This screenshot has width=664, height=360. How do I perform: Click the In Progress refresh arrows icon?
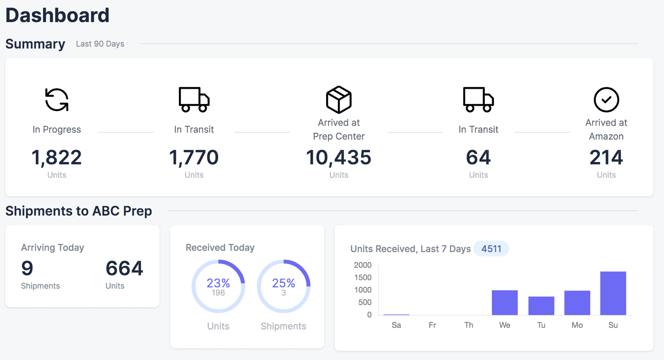click(57, 100)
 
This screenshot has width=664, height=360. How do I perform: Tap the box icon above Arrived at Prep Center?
click(339, 100)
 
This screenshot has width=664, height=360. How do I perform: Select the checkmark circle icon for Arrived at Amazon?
click(606, 100)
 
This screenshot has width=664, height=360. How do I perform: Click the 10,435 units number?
click(339, 158)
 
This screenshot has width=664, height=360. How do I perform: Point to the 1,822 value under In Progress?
click(57, 158)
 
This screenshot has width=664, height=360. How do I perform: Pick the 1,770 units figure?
click(194, 158)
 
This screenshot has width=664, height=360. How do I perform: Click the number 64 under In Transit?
click(478, 158)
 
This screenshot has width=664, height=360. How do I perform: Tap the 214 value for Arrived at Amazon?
click(606, 158)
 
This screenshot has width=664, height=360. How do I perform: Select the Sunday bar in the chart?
click(613, 293)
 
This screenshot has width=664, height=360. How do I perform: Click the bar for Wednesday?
click(505, 303)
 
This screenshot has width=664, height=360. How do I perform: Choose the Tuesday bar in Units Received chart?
click(541, 306)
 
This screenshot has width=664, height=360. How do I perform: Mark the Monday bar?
click(577, 303)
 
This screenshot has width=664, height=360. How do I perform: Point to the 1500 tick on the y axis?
click(363, 277)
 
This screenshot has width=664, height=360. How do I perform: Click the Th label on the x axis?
click(469, 325)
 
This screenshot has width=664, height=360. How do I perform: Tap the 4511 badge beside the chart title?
click(491, 249)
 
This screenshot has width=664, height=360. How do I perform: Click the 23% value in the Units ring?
click(218, 283)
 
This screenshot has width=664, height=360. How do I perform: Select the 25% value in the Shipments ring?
click(283, 283)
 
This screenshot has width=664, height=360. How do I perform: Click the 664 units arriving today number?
click(124, 268)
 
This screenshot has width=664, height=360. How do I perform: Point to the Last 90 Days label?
click(100, 44)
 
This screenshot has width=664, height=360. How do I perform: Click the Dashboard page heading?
click(57, 15)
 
